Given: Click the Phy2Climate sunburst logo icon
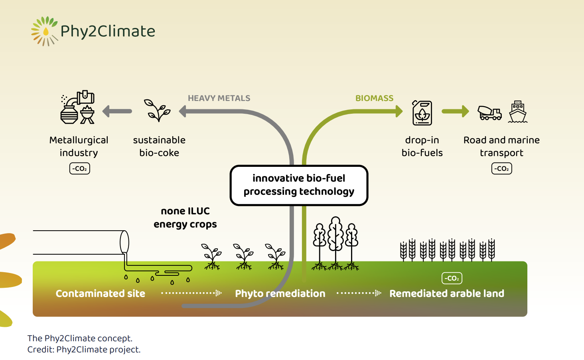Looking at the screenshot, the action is (44, 31).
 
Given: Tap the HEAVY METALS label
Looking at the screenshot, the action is (219, 98).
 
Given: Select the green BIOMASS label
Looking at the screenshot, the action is (375, 98).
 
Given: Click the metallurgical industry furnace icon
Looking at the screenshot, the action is (77, 107).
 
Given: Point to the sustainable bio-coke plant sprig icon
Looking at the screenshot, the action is (157, 110).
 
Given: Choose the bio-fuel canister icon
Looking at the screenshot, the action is (422, 113).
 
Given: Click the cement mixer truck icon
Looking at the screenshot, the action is (489, 113).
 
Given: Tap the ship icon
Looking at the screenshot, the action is (518, 112).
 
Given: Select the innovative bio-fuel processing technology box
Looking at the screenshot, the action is (299, 185).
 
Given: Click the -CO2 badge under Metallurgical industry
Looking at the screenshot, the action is (79, 168).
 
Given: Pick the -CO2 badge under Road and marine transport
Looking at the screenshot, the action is (501, 168).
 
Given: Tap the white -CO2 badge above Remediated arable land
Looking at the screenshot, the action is (452, 278).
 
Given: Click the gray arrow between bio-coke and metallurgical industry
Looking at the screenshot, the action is (117, 111).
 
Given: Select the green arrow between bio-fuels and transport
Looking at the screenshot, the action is (455, 111).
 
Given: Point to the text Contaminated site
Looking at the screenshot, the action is (101, 293).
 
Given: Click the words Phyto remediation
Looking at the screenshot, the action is (280, 294).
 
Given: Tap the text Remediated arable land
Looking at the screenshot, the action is (447, 293).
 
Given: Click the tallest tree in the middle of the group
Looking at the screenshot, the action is (335, 243).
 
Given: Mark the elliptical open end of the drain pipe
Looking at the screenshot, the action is (124, 242).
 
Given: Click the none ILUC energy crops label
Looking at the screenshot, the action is (185, 218).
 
